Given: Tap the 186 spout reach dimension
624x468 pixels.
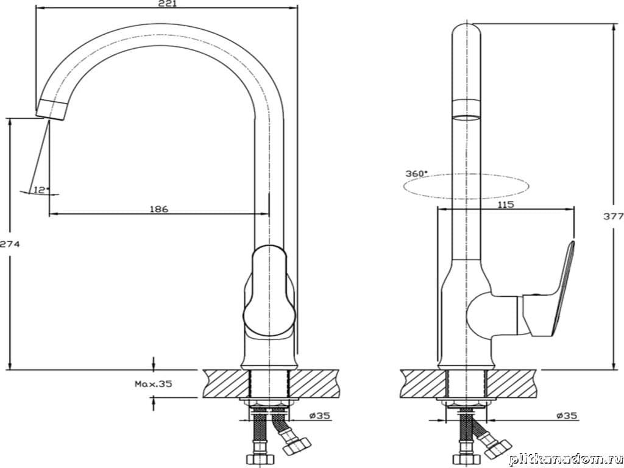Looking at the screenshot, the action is (159, 209).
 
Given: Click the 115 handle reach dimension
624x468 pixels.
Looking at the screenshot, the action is (506, 205).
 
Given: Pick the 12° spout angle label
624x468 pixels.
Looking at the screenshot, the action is (41, 190).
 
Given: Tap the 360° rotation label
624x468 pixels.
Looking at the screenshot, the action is (416, 174).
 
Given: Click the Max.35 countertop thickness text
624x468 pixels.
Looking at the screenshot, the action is (153, 384).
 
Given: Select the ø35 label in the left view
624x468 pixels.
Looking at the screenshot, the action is (320, 416).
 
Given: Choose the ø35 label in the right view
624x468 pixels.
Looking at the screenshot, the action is (567, 416).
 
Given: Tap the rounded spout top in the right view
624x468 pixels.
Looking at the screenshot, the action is (466, 30).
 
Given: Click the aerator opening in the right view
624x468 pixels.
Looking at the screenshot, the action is (466, 118).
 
